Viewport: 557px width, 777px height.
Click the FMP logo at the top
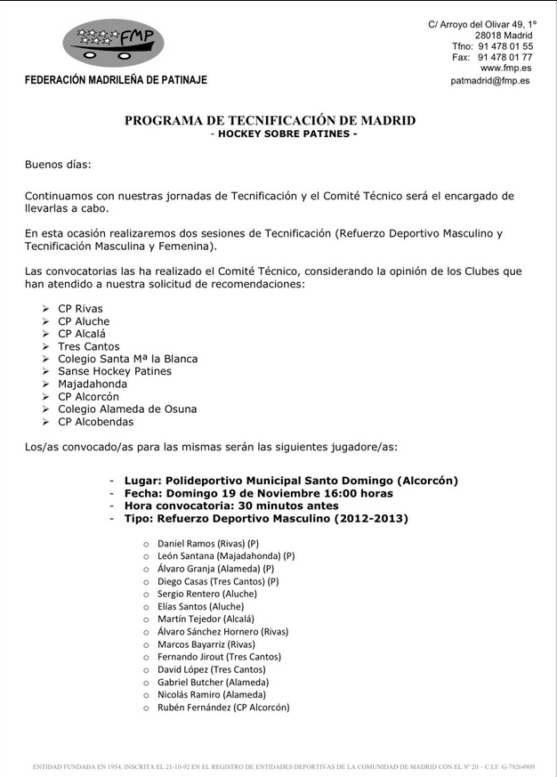tap(113, 42)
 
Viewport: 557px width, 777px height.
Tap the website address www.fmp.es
tap(506, 68)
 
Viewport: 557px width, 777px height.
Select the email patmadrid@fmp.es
tap(489, 80)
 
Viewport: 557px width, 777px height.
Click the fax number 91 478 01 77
tap(505, 57)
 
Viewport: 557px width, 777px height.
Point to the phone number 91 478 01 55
tap(505, 46)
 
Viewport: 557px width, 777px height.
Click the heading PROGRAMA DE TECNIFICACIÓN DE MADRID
tap(270, 120)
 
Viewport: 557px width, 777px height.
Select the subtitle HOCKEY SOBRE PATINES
tap(287, 134)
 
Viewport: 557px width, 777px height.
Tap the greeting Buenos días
tap(58, 165)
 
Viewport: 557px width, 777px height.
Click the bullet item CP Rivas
tap(80, 309)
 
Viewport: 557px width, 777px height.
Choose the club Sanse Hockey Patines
tap(115, 371)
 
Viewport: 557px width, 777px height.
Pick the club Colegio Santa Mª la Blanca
tap(127, 359)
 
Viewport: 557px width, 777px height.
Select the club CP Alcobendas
tap(96, 421)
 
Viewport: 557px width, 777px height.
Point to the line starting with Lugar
tap(291, 481)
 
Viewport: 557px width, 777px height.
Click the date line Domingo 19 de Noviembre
tap(258, 493)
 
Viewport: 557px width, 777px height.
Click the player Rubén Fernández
tap(222, 708)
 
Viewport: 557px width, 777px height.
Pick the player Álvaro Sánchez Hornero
tap(222, 631)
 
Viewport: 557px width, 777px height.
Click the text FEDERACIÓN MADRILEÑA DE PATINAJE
tap(116, 80)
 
